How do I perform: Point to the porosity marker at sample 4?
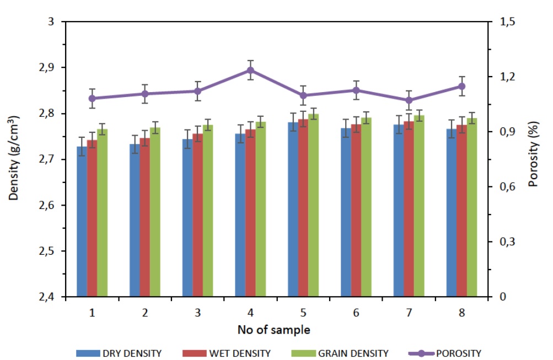pos(250,70)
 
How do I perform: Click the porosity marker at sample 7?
pos(409,100)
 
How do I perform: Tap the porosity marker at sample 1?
pos(92,98)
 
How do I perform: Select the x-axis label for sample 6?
pos(356,313)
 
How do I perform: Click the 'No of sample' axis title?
pos(273,330)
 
